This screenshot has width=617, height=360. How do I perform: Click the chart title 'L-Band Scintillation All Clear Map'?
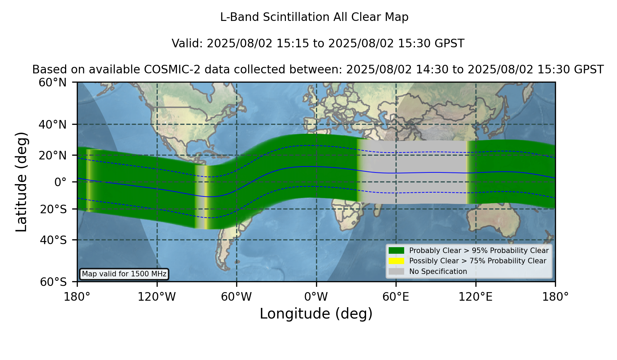coord(314,17)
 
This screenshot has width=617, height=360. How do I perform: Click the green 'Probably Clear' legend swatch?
coord(396,251)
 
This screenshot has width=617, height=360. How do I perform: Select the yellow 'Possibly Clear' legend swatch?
coord(396,261)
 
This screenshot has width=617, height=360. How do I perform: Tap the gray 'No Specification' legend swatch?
coord(396,272)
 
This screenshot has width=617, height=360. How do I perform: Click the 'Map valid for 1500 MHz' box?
coord(124,274)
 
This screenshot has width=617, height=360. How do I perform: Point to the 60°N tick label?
coord(52,82)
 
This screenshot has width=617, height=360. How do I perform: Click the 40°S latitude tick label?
coord(53,240)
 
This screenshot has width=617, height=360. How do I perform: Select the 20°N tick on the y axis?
coord(75,155)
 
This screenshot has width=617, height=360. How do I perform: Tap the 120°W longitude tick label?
coord(157,297)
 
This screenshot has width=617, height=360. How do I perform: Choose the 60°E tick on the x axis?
coord(396,284)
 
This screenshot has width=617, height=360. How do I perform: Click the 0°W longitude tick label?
coord(316,297)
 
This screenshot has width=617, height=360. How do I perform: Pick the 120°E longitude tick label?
coord(475,297)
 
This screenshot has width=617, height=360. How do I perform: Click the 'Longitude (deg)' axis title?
coord(316,314)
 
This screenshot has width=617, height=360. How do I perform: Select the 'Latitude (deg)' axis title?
coord(22,182)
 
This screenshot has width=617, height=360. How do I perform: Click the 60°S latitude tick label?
coord(53,282)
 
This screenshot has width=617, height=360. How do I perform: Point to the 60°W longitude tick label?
coord(237,297)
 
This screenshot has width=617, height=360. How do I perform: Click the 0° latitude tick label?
coord(60,182)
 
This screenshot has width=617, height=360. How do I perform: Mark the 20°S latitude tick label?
coord(53,209)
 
